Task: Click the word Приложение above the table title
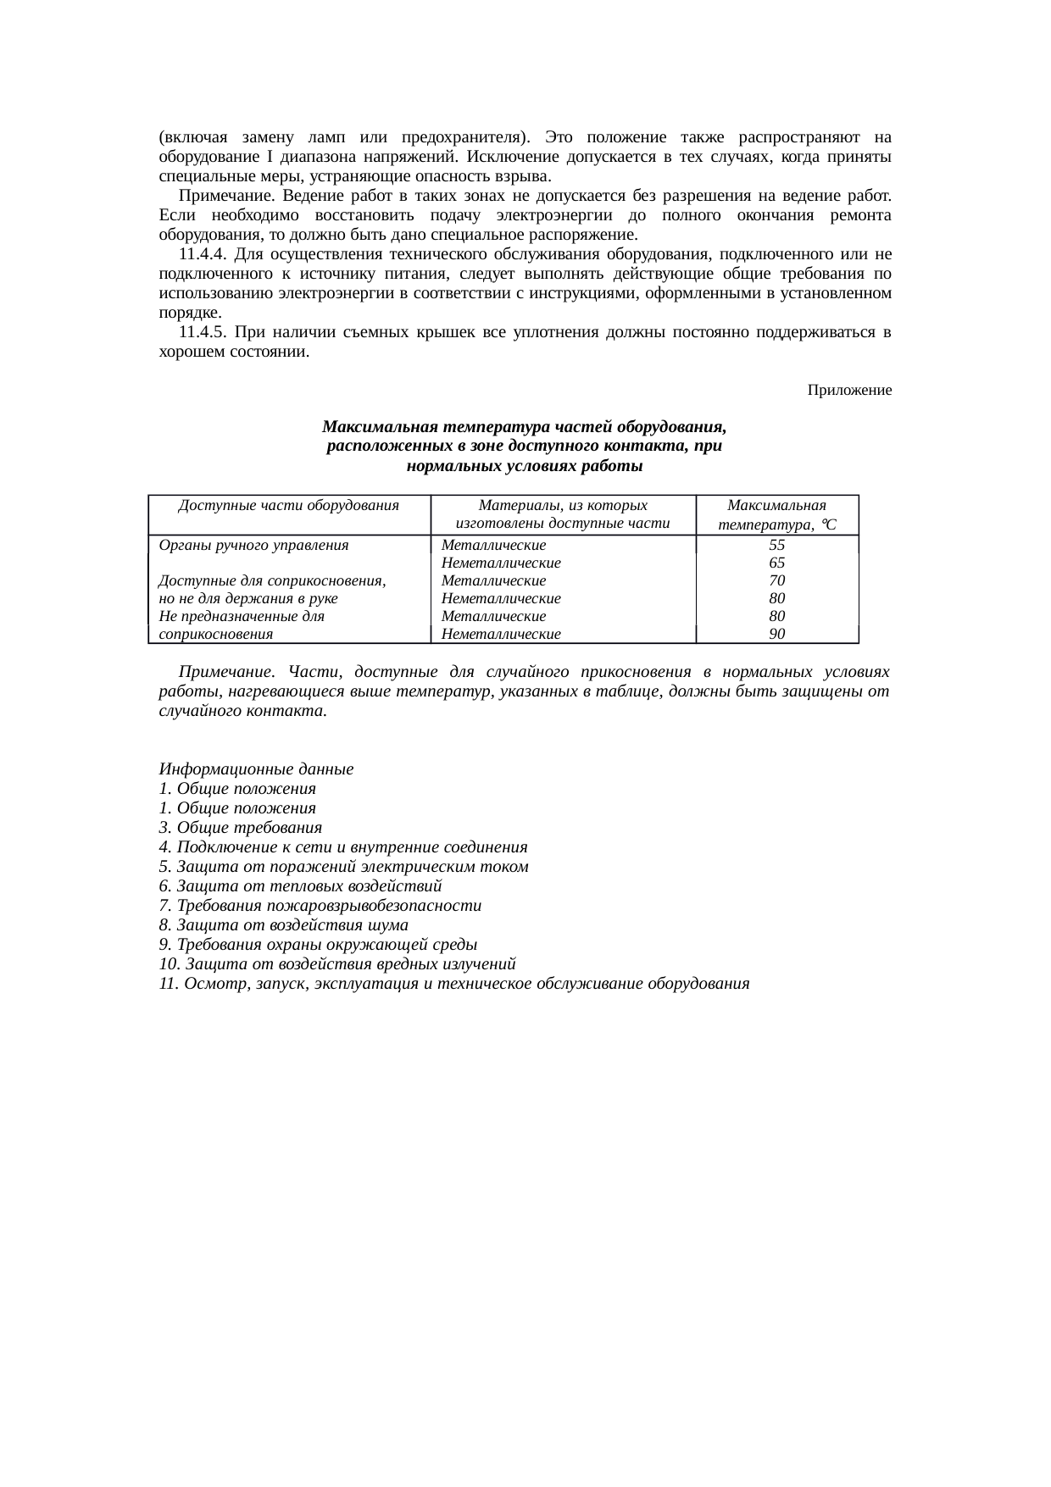(x=849, y=390)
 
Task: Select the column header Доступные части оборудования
(x=289, y=506)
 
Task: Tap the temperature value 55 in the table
(x=776, y=546)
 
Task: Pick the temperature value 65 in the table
(x=776, y=563)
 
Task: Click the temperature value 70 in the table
(x=776, y=580)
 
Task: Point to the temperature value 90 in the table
(x=776, y=634)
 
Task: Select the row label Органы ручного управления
(x=253, y=546)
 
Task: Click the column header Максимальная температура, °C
(x=776, y=515)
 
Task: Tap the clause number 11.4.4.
(x=203, y=254)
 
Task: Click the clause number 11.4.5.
(x=203, y=332)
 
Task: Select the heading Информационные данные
(x=256, y=770)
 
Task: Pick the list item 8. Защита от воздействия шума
(x=283, y=925)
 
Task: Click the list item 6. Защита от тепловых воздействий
(x=300, y=886)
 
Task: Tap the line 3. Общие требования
(x=240, y=828)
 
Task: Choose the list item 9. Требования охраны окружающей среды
(x=318, y=945)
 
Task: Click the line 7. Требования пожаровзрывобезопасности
(x=320, y=906)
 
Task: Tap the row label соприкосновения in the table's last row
(x=215, y=634)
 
